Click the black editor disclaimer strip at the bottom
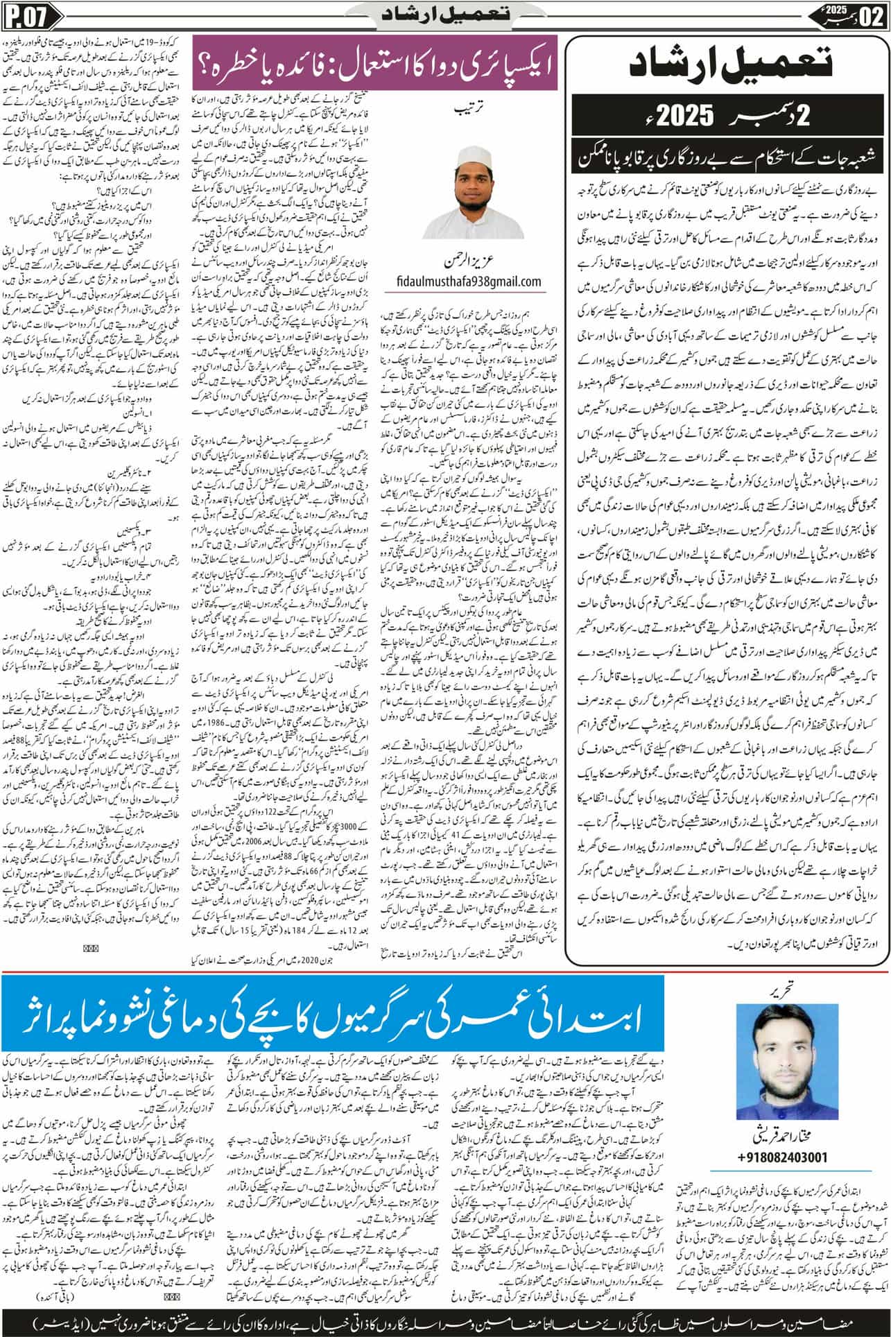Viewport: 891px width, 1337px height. point(445,1320)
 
